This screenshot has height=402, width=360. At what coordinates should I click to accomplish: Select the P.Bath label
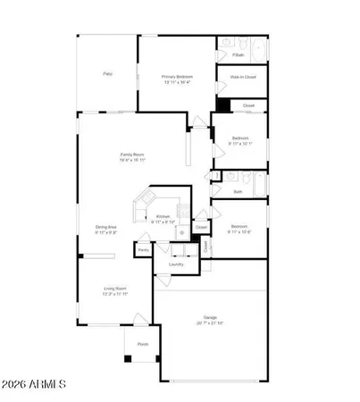(239, 55)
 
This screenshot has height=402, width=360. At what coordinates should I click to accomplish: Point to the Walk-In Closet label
(239, 78)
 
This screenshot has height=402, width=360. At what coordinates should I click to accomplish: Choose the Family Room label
(133, 155)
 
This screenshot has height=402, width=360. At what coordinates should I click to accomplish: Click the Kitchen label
(163, 216)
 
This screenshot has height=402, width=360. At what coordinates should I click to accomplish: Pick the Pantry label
(143, 251)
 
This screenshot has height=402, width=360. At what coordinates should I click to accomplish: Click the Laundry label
(176, 264)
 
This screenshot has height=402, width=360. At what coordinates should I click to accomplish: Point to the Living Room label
(113, 289)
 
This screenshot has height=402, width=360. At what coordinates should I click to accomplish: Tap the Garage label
(210, 317)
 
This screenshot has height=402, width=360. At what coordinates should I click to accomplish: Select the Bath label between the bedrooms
(238, 191)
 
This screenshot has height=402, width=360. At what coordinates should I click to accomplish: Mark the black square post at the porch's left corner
(128, 358)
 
